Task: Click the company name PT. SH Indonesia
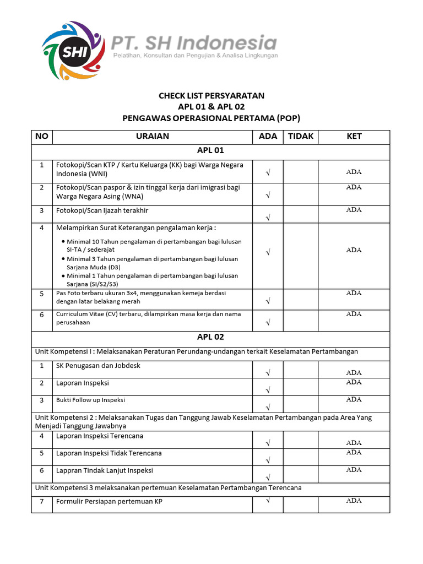pyautogui.click(x=194, y=42)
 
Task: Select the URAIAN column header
pyautogui.click(x=153, y=137)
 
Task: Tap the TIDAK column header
pyautogui.click(x=300, y=137)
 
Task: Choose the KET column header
pyautogui.click(x=354, y=137)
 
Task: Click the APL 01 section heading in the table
pyautogui.click(x=210, y=150)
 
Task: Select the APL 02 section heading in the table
pyautogui.click(x=210, y=337)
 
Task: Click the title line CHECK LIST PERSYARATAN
pyautogui.click(x=211, y=95)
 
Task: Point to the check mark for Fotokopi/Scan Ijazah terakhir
pyautogui.click(x=268, y=218)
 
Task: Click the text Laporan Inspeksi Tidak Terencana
pyautogui.click(x=109, y=453)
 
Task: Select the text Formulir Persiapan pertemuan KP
pyautogui.click(x=109, y=501)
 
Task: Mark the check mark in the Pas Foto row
pyautogui.click(x=268, y=301)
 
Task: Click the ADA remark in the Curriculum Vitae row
pyautogui.click(x=354, y=314)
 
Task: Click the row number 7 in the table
pyautogui.click(x=42, y=501)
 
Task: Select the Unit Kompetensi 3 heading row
pyautogui.click(x=168, y=488)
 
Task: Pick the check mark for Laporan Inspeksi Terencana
pyautogui.click(x=268, y=442)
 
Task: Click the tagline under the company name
pyautogui.click(x=195, y=56)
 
